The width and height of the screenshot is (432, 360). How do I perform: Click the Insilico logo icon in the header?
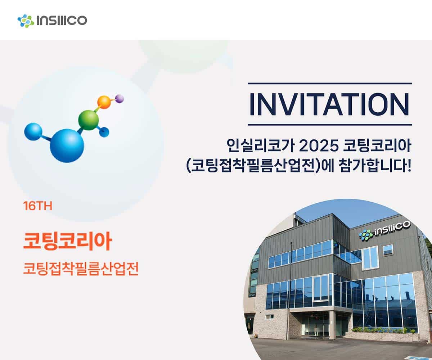26,21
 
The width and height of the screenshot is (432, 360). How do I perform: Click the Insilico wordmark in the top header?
62,21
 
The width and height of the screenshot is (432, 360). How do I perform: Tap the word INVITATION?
329,104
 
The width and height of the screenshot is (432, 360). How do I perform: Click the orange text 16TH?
38,206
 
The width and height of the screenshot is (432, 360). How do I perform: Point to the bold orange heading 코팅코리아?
68,241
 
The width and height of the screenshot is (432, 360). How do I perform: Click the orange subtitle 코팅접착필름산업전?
81,269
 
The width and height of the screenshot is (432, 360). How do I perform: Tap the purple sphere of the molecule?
119,99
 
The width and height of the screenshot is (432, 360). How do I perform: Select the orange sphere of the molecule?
104,102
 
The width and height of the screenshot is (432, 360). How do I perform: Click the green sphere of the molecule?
88,120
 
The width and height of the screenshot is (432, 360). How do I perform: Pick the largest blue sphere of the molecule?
67,146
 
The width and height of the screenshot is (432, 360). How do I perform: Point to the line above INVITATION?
330,84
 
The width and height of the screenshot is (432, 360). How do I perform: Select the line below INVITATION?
330,125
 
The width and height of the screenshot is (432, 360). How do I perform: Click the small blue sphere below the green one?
104,132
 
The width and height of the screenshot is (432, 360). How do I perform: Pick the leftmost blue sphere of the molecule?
33,132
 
